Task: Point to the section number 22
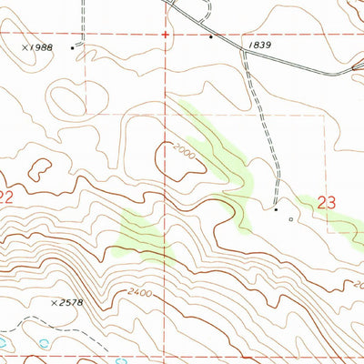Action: tap(5, 197)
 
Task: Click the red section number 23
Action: tap(329, 205)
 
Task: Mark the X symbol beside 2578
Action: tap(54, 299)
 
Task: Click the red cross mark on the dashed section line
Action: tap(166, 35)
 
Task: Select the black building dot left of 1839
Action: tap(210, 38)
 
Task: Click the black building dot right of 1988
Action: tap(74, 46)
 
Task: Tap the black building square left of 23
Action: tap(277, 209)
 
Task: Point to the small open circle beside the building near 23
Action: tap(291, 218)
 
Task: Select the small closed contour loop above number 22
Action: tap(40, 167)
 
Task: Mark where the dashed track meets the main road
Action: tap(243, 52)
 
